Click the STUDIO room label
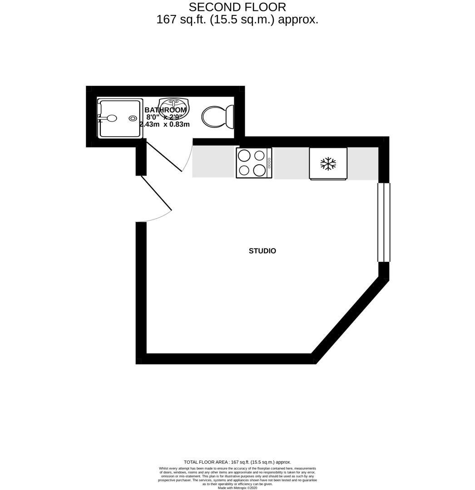[262, 251]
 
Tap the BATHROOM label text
[165, 110]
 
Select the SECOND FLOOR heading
[237, 7]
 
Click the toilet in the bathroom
[217, 116]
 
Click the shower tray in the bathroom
[119, 118]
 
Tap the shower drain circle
[133, 118]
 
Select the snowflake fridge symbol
[328, 163]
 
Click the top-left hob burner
[244, 156]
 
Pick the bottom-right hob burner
[259, 170]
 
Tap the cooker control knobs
[269, 163]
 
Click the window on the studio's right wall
[384, 222]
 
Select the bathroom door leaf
[164, 156]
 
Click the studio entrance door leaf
[157, 194]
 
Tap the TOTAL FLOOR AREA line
[237, 462]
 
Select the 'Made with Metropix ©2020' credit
[237, 488]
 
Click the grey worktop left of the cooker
[213, 162]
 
